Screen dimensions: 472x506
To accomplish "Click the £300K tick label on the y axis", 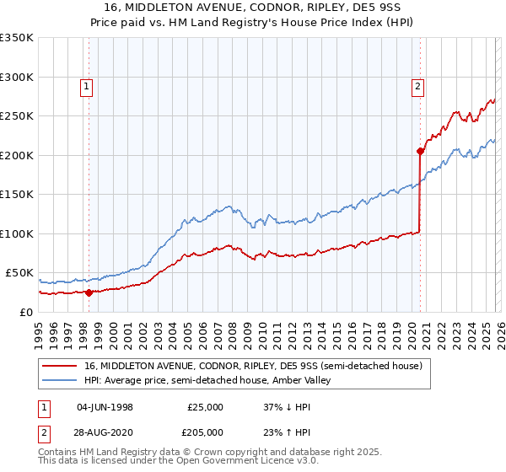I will point(16,77).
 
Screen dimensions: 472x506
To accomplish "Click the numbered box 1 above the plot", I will point(89,85).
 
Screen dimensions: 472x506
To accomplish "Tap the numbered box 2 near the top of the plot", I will point(418,85).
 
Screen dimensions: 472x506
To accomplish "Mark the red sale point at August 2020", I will point(419,152).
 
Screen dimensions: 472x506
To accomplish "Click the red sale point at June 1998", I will point(89,292).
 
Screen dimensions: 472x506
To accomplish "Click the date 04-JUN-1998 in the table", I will point(105,407).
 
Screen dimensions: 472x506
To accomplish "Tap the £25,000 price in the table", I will point(205,407).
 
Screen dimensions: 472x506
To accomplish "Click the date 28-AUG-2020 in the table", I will point(105,431).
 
